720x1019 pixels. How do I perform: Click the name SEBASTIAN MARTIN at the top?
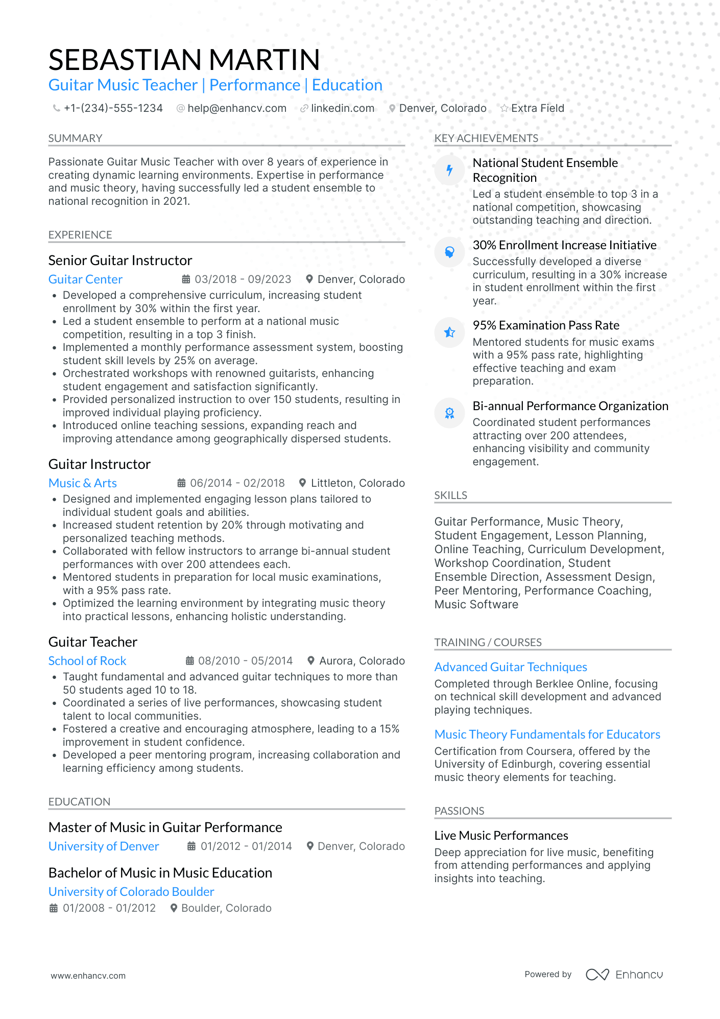tap(184, 60)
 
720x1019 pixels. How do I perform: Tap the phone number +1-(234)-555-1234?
tap(113, 108)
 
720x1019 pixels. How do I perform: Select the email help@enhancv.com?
tap(236, 108)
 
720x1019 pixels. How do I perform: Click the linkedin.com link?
tap(342, 108)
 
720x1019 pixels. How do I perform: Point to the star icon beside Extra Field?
tap(504, 108)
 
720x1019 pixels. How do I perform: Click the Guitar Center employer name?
tap(85, 279)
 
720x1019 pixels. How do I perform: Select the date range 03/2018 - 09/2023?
tap(243, 279)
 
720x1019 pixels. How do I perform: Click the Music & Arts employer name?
tap(83, 483)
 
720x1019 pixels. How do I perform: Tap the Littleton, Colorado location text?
tap(357, 483)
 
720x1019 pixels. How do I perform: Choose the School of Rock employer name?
tap(87, 661)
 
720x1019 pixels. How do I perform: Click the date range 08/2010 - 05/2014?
tap(245, 661)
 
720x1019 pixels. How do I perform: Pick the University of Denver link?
tap(104, 846)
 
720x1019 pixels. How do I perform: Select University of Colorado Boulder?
tap(131, 892)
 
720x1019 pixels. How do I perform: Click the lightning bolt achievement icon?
tap(449, 170)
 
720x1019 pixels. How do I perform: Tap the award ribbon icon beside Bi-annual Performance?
tap(449, 413)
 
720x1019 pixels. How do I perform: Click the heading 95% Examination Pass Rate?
tap(546, 325)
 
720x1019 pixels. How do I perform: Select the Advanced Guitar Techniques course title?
tap(511, 667)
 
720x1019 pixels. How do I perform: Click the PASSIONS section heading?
tap(459, 811)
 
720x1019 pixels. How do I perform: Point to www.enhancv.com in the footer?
tap(88, 976)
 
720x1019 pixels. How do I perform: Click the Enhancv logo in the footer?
tap(624, 975)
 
